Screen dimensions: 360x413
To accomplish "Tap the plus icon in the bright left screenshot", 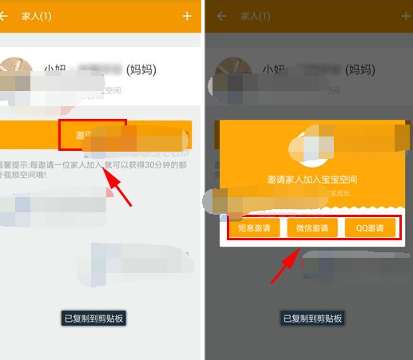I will (x=187, y=16).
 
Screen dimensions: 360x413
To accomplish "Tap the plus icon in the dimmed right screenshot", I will (x=395, y=16).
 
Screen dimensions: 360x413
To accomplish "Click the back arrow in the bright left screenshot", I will (x=4, y=16).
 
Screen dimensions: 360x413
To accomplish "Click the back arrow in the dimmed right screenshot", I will (x=221, y=16).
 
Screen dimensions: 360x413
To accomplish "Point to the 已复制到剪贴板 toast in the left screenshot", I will (x=95, y=318).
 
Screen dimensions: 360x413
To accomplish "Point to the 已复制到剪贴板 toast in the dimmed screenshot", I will (x=313, y=318).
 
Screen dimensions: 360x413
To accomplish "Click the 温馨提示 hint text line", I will (x=48, y=163).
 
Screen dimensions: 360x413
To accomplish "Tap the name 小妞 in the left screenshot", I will (x=57, y=70).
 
